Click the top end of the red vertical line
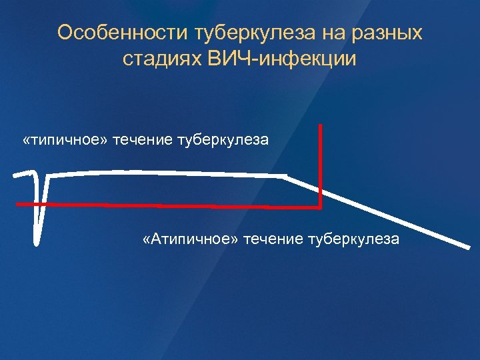tap(321, 125)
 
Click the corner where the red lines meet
tap(321, 205)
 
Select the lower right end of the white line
tap(468, 247)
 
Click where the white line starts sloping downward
tap(285, 177)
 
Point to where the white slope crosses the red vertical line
tap(321, 191)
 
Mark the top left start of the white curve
tap(15, 174)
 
